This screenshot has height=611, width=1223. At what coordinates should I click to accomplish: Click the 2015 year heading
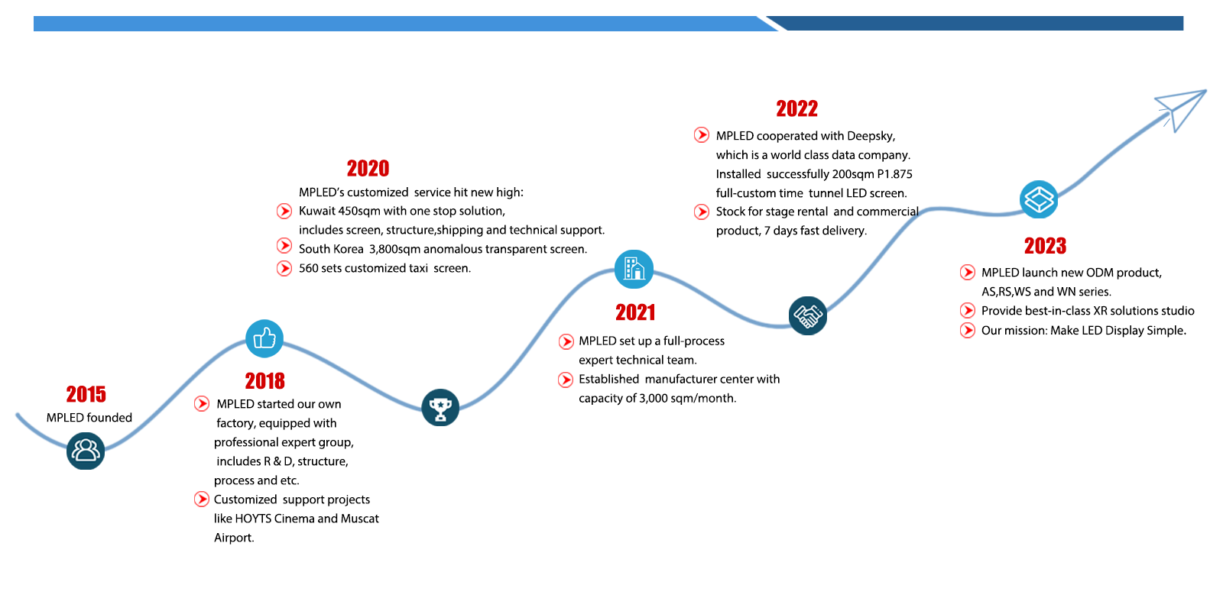86,394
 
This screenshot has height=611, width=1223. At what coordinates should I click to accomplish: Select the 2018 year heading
264,381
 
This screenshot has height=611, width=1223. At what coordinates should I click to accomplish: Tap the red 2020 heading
368,168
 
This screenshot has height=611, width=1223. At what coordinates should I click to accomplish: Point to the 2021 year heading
635,312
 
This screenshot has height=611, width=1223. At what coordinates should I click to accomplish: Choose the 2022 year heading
796,108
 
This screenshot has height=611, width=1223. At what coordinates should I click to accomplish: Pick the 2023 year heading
1045,245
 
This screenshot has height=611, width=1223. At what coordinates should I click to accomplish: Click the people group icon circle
86,451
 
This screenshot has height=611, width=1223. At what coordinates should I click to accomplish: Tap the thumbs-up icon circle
264,338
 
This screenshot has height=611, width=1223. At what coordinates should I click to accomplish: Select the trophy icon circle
440,408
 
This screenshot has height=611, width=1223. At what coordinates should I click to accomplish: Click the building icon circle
634,269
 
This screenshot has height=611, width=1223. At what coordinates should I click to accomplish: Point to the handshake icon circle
807,315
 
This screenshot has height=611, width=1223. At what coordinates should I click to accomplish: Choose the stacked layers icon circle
1039,199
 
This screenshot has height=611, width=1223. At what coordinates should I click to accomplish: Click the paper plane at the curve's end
1180,109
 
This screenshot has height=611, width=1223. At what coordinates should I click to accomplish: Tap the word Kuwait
316,211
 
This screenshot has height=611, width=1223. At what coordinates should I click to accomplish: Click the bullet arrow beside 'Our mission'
968,330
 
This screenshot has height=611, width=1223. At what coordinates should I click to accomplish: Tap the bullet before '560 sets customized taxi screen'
284,268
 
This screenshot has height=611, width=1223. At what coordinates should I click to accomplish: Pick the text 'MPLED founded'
89,417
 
